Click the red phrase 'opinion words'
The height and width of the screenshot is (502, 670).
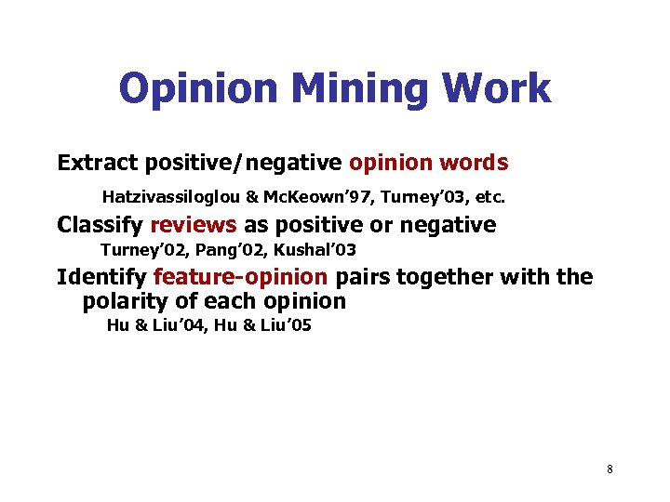(428, 164)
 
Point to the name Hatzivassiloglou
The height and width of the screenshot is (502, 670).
(174, 197)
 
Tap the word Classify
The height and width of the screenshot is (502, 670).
(100, 225)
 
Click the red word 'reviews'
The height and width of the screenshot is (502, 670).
(194, 225)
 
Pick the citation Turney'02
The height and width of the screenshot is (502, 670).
(138, 250)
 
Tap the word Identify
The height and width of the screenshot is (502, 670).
(101, 277)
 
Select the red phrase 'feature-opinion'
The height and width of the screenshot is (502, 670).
(240, 277)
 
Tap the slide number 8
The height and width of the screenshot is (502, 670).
(610, 469)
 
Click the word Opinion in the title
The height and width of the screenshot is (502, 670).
(198, 90)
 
